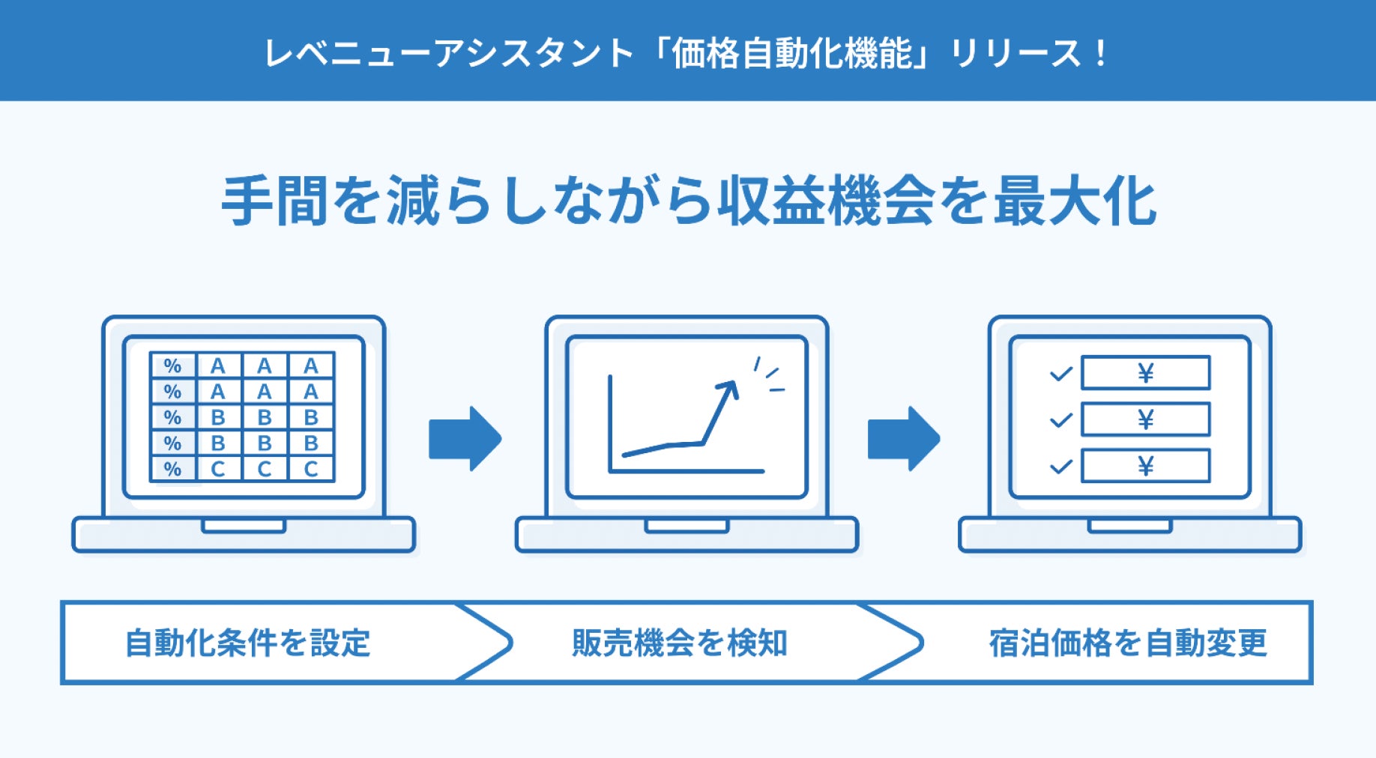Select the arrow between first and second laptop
[465, 438]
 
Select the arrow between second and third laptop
[903, 438]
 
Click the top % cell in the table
[172, 366]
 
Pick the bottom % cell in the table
[172, 469]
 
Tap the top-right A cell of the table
[311, 366]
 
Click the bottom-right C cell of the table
[311, 469]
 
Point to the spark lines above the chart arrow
[769, 375]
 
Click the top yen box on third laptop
[1145, 372]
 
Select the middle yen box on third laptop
[1145, 419]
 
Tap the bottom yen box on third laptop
[1145, 466]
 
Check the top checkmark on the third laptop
[1060, 373]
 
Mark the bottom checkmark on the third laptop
[1060, 467]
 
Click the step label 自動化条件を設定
[247, 643]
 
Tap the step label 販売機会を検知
[679, 643]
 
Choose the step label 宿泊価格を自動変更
[1127, 643]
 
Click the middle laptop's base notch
[687, 526]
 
